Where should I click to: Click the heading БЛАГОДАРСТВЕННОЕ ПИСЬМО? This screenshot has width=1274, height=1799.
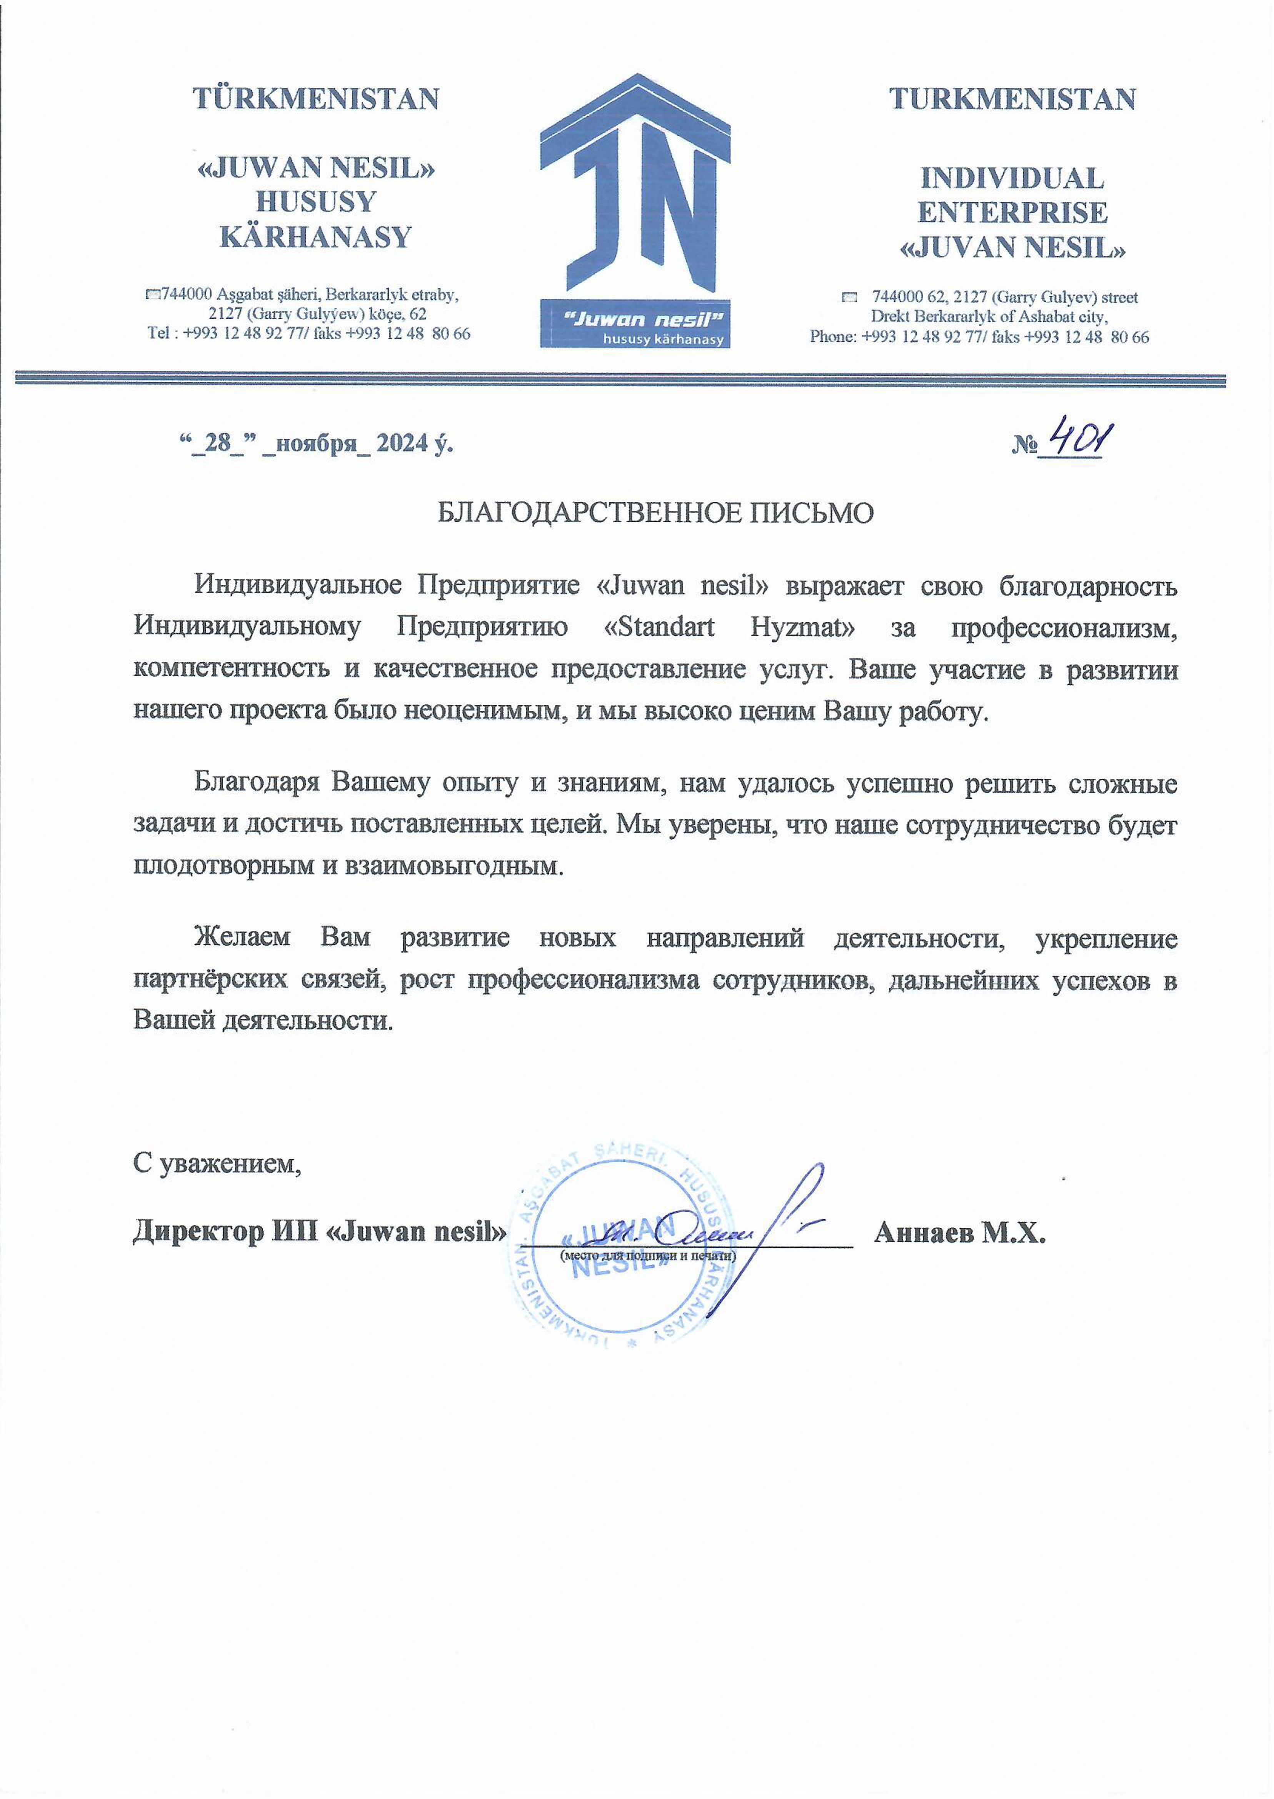point(655,514)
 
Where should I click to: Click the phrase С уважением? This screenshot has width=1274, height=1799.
point(217,1163)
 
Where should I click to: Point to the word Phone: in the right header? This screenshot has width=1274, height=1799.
point(833,337)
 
